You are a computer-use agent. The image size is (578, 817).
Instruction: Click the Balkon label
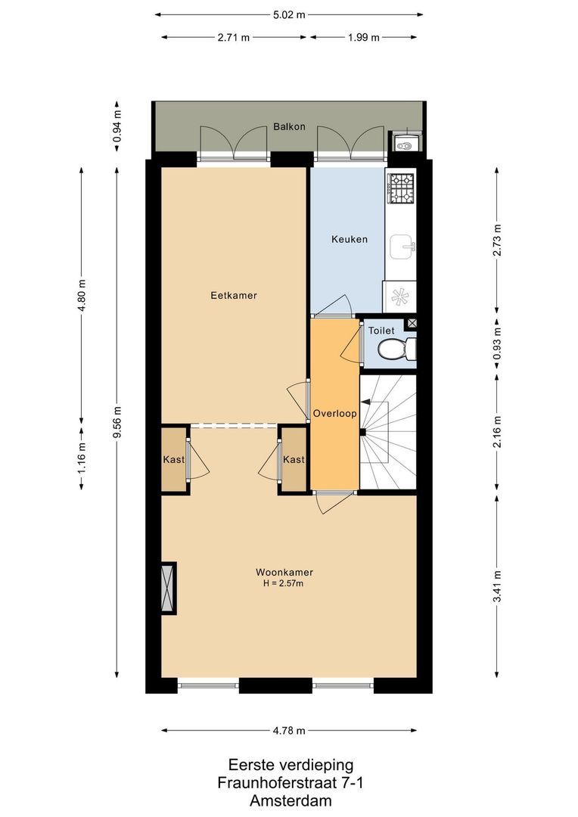(x=289, y=126)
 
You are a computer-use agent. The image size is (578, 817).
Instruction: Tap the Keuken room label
(x=349, y=239)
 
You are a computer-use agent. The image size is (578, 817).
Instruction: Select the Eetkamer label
(x=234, y=295)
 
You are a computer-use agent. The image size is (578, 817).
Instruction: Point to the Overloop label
(x=334, y=414)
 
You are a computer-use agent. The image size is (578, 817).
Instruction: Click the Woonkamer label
(x=284, y=572)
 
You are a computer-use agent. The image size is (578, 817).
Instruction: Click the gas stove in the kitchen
(x=401, y=188)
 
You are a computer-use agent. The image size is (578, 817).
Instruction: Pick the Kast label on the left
(x=174, y=459)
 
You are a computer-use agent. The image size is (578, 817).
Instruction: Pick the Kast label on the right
(x=294, y=459)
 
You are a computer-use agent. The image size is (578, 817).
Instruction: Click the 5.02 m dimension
(x=289, y=14)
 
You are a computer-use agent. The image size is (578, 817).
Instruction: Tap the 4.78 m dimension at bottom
(x=289, y=730)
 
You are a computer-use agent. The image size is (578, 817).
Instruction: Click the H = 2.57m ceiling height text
(x=284, y=583)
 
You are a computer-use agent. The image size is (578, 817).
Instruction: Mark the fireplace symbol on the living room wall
(x=168, y=587)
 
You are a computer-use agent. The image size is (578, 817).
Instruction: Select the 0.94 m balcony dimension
(x=117, y=126)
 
